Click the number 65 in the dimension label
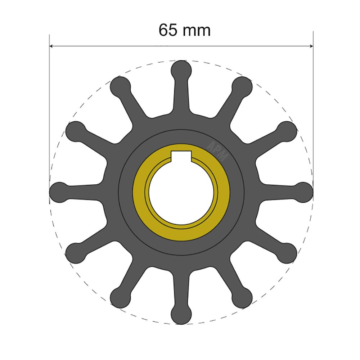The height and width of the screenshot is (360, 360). [168, 30]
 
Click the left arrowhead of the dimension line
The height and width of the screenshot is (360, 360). [51, 46]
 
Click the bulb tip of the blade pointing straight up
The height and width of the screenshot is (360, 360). [181, 69]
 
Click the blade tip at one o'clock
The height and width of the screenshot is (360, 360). [242, 86]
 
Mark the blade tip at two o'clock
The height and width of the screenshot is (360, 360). [287, 131]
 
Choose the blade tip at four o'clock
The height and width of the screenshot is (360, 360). [287, 253]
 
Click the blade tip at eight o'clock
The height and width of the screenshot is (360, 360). [75, 253]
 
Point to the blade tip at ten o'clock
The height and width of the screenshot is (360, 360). [75, 131]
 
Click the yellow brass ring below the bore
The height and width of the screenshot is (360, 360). [181, 235]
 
